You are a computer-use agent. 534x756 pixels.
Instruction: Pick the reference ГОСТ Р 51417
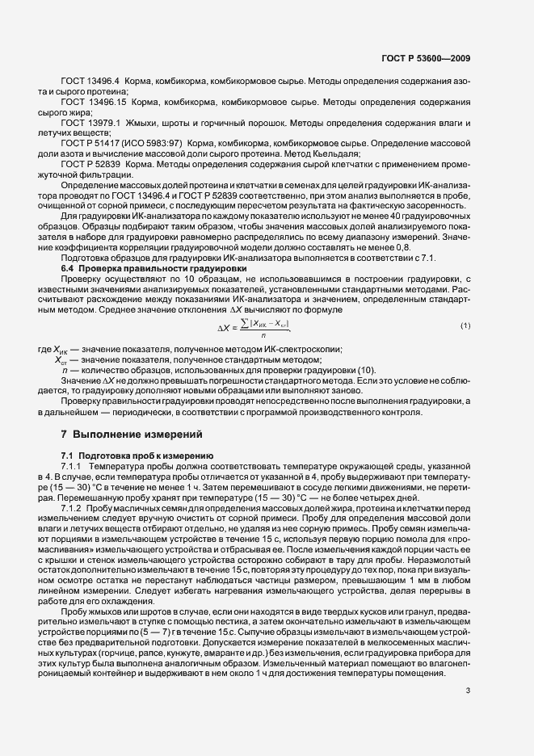[94, 142]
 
